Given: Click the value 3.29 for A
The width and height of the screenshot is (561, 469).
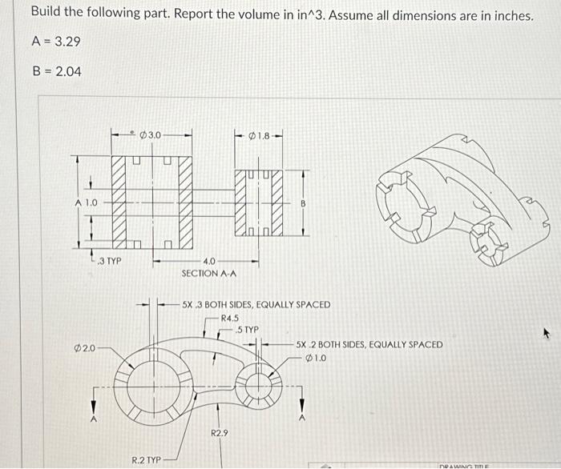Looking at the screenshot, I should (67, 41).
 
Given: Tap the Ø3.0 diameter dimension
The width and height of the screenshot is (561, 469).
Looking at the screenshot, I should (151, 134).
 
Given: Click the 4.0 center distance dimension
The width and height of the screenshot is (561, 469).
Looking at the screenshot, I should (208, 262).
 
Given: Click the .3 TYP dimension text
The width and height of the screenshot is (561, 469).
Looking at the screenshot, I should (108, 261).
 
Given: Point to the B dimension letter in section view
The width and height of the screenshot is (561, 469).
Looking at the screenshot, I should (303, 203).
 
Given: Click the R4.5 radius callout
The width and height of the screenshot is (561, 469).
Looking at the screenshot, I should (230, 318).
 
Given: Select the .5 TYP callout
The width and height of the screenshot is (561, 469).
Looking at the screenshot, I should (248, 329).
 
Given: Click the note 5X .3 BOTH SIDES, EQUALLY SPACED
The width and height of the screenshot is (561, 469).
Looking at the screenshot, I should (256, 305).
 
